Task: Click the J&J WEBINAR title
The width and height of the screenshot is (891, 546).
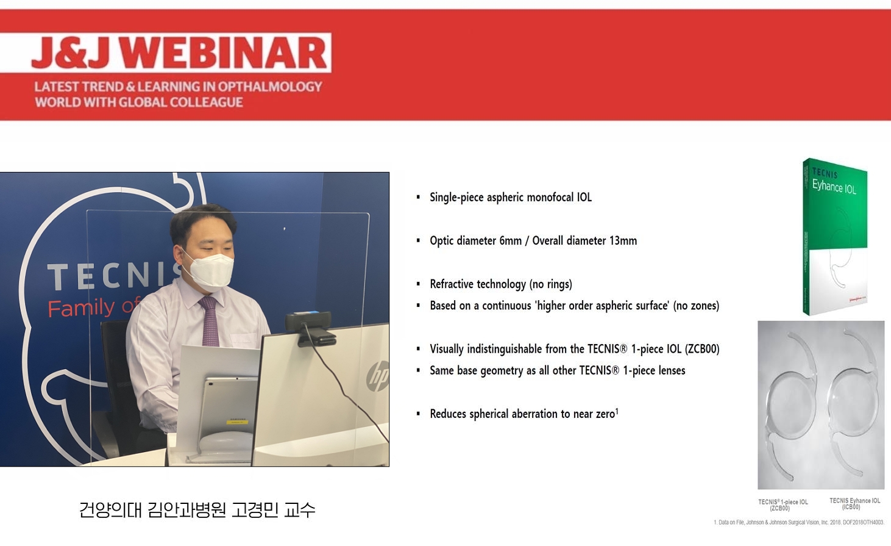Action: [x=179, y=52]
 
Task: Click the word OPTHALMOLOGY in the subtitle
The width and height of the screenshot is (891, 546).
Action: [x=270, y=87]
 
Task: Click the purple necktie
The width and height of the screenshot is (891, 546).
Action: [x=209, y=321]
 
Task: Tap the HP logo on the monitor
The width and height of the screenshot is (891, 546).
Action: [x=377, y=375]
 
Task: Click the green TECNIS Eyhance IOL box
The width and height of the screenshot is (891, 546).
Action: [x=834, y=237]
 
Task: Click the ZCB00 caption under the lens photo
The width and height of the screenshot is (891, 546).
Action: [x=783, y=505]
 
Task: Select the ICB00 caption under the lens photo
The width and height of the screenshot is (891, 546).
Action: [x=854, y=504]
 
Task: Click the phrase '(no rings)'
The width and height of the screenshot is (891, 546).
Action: [x=551, y=284]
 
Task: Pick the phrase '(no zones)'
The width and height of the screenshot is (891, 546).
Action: [x=696, y=306]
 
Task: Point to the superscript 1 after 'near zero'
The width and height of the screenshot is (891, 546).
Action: [x=617, y=411]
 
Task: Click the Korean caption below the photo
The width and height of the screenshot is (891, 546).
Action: [x=197, y=510]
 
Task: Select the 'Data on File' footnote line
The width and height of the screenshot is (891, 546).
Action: [x=799, y=522]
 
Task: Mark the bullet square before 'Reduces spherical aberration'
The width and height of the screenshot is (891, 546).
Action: [x=418, y=414]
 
